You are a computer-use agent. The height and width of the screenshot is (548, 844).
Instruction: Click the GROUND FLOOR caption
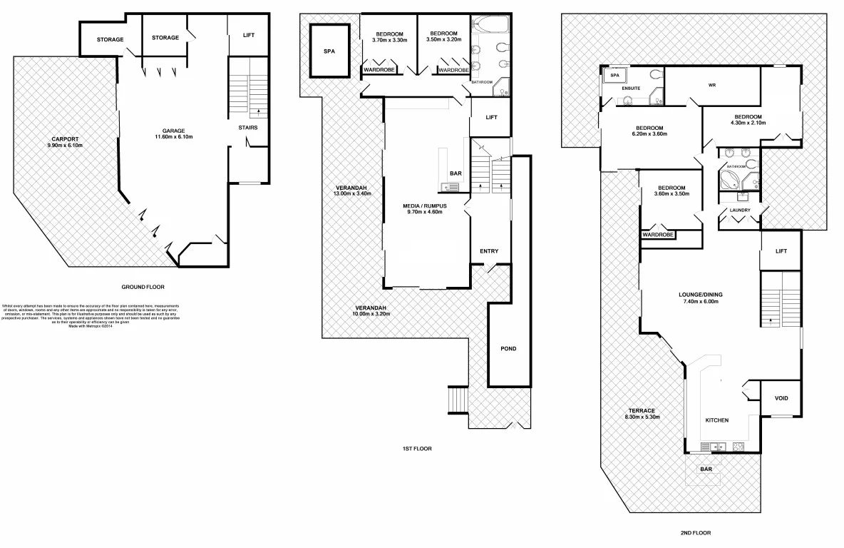pos(143,287)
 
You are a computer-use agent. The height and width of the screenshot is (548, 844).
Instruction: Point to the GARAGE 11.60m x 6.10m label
pos(173,133)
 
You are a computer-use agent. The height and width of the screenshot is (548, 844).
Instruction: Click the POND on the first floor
pos(508,348)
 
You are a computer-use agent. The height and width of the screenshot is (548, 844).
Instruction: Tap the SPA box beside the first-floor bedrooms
pos(329,51)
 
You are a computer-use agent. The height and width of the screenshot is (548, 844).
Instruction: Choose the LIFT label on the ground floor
pos(248,35)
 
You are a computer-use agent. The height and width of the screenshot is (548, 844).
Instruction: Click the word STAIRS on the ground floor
pos(248,128)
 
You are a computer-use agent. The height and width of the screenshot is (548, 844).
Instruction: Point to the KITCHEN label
pos(716,420)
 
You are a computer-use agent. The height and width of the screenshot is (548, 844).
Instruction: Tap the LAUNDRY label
pos(739,210)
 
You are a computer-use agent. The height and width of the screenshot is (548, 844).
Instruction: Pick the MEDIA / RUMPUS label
pos(424,208)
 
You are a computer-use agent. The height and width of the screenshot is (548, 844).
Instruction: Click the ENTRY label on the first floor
pos(489,251)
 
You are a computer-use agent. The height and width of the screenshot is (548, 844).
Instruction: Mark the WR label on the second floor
pos(711,86)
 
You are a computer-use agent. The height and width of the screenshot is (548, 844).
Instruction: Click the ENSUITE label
pos(632,88)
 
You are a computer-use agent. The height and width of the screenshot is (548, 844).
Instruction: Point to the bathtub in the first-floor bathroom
pos(490,26)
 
